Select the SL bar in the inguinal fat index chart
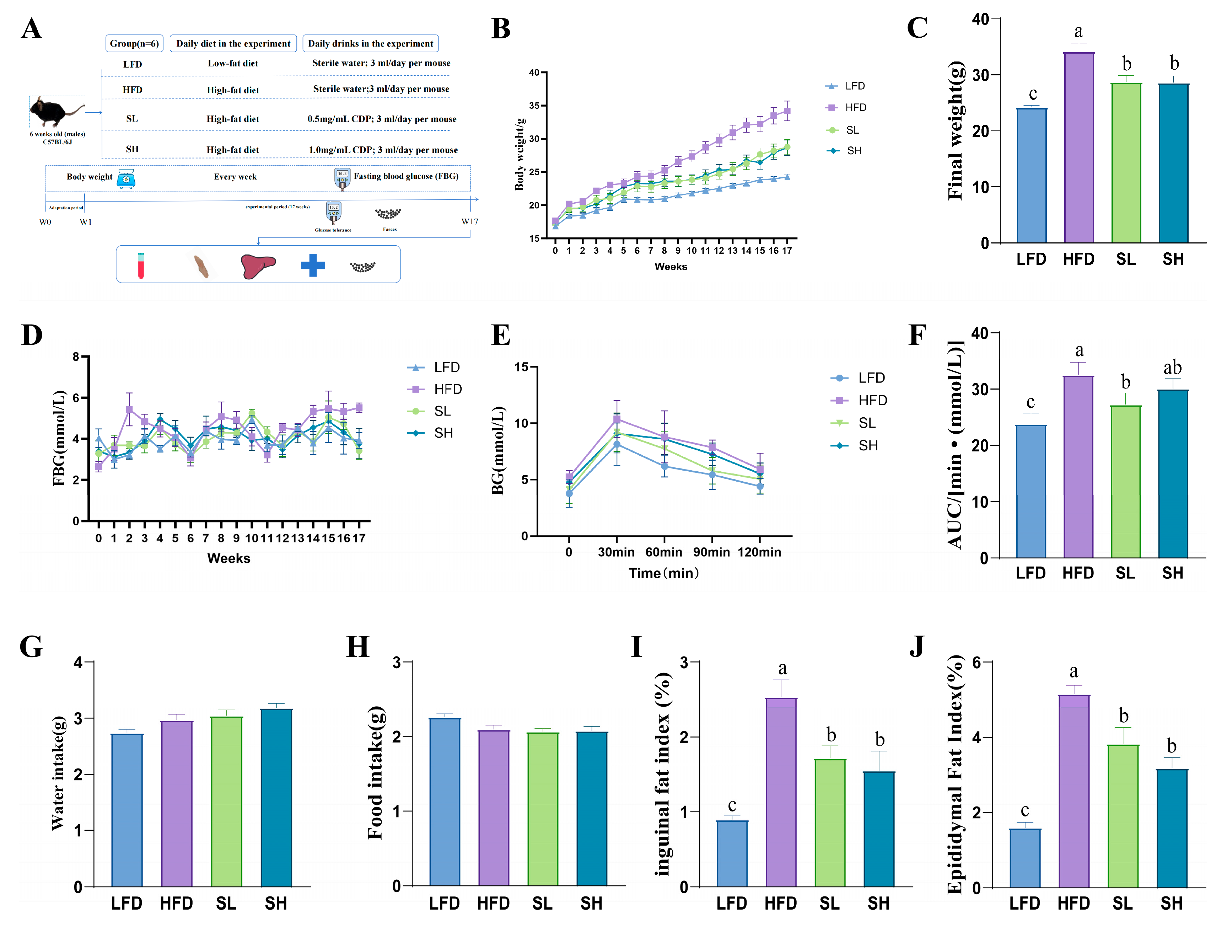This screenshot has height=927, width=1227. pos(830,823)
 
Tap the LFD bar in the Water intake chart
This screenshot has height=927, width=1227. pos(127,810)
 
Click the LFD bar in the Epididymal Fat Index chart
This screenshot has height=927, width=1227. pos(1024,858)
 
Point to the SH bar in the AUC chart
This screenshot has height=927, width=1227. pos(1173,474)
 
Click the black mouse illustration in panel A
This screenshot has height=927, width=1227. pos(55,111)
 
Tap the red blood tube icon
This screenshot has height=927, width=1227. pos(141,265)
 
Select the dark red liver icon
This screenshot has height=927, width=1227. pos(257,265)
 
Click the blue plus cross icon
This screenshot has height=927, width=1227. pos(313,265)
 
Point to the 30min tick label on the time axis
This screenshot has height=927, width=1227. pos(616,552)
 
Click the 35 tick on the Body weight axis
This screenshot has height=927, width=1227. pos(534,106)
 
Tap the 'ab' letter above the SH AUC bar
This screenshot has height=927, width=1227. pos(1172,367)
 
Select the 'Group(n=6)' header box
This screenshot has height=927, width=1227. pos(134,43)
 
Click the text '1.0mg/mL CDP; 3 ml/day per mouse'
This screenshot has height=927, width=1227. pos(383,150)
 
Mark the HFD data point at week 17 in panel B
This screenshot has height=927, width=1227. pos(787,111)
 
